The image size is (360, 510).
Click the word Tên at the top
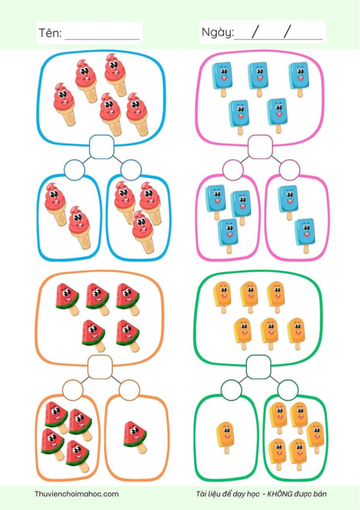[49, 34]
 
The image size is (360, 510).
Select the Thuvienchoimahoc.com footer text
[76, 494]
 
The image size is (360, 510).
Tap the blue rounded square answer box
[101, 147]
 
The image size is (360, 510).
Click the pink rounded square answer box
[260, 147]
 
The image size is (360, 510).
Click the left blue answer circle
[74, 169]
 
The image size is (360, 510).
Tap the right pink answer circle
[289, 169]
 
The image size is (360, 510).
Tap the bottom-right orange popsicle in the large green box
[296, 333]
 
